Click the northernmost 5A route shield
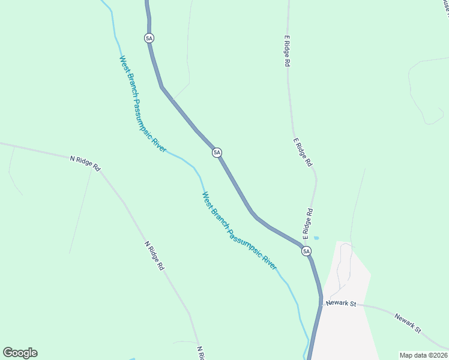[149, 38]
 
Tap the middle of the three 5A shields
[217, 153]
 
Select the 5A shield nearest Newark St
[307, 251]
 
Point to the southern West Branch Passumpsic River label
[240, 231]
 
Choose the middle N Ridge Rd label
[154, 256]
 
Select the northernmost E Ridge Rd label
[288, 50]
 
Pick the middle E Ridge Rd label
[303, 152]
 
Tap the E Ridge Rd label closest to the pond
[308, 221]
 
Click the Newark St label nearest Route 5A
[341, 304]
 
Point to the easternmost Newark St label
[409, 323]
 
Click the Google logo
[20, 353]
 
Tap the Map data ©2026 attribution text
[423, 355]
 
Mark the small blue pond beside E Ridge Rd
[316, 238]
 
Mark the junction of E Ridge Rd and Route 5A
[302, 245]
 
